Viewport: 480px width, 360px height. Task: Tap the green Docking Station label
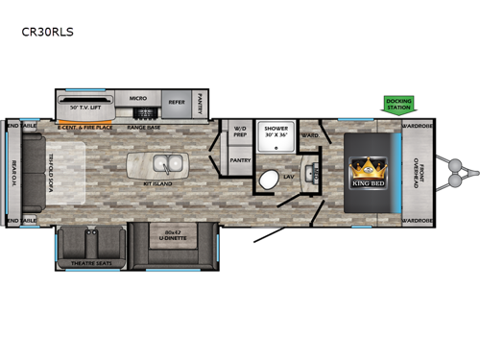click(x=398, y=103)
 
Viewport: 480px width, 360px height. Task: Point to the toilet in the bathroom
click(x=271, y=180)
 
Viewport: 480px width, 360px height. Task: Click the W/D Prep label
click(x=239, y=133)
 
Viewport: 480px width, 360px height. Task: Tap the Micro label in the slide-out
click(x=136, y=98)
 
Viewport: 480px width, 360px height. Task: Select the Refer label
click(x=178, y=101)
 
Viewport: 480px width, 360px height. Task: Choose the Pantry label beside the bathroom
click(x=239, y=162)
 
